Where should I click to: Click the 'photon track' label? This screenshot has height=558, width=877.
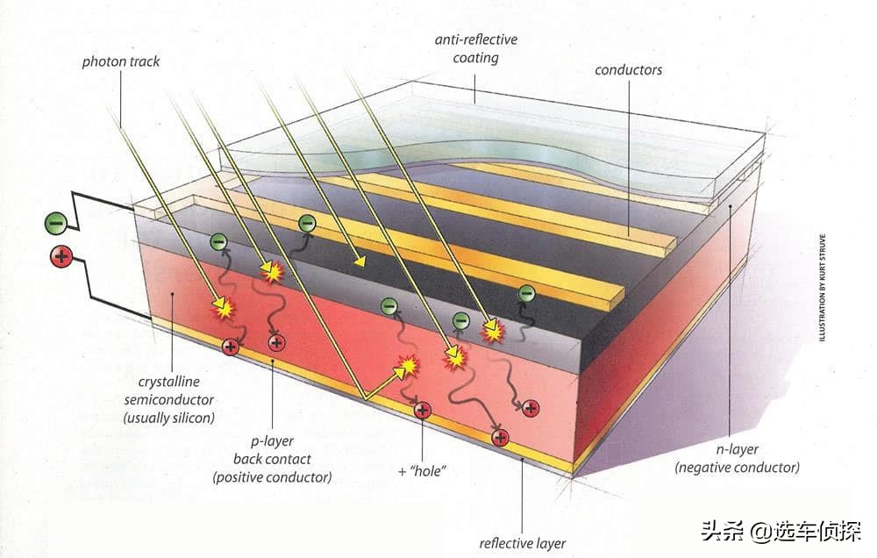[121, 61]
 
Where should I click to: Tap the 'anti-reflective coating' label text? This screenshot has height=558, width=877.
[476, 48]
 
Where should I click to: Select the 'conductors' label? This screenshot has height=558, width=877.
[628, 70]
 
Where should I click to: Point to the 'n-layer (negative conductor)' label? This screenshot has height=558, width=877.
[738, 458]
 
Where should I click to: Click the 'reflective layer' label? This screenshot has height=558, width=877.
[523, 543]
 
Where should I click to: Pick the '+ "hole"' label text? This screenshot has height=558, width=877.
[423, 471]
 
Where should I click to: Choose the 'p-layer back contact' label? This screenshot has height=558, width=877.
[273, 459]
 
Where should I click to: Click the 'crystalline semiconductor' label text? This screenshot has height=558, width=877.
[169, 399]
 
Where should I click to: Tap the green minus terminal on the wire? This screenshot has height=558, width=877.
[56, 224]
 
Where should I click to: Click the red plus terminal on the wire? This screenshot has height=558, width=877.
[61, 257]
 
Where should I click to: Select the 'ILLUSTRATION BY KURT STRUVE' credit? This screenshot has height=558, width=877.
[822, 288]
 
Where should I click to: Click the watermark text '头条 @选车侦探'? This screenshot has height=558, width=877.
[781, 530]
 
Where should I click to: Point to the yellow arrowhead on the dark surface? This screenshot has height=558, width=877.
[360, 260]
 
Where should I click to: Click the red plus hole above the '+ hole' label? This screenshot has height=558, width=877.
[423, 411]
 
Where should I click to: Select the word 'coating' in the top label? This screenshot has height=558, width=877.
[476, 58]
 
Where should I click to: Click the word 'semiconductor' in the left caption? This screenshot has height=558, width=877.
[169, 399]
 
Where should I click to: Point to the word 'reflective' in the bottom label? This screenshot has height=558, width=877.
[502, 543]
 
